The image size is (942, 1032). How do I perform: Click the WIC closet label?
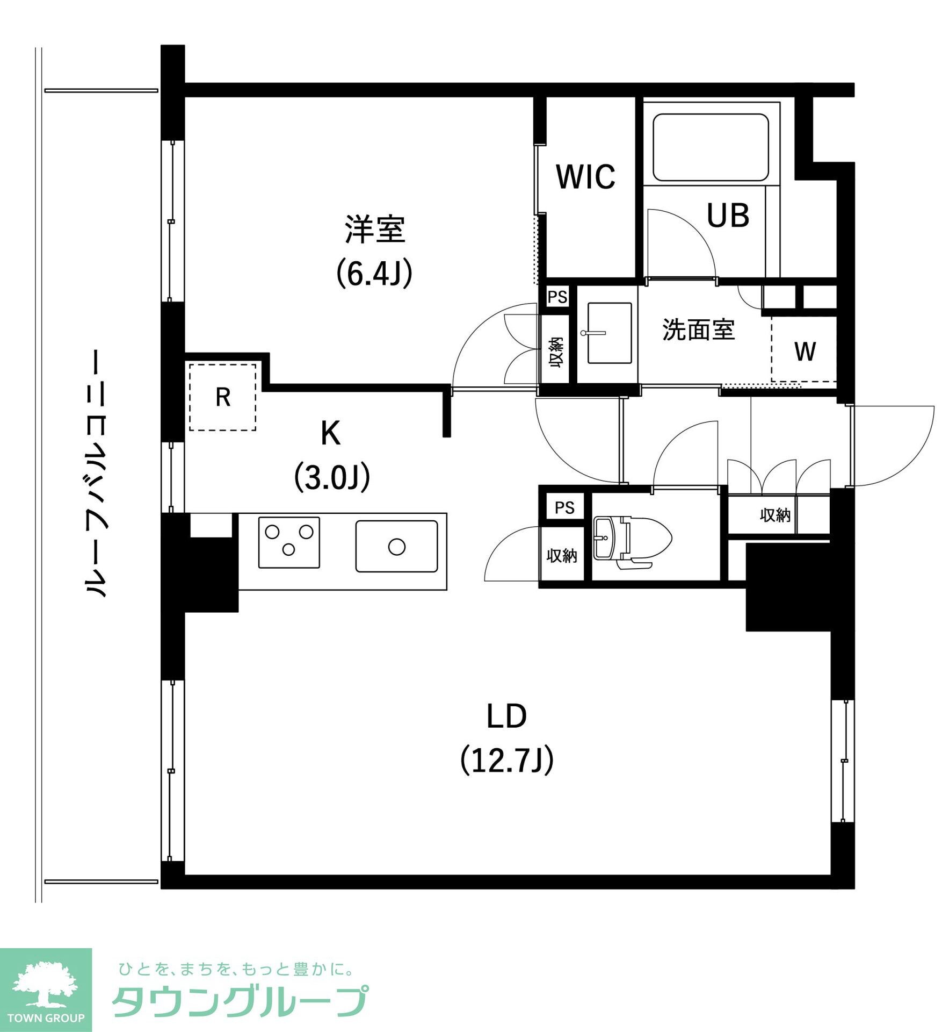click(x=585, y=177)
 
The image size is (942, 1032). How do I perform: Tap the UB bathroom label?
click(x=728, y=216)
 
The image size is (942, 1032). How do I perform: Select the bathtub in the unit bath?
click(x=711, y=147)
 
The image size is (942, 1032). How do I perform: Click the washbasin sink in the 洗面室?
click(x=609, y=333)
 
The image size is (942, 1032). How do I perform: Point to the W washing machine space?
click(x=805, y=352)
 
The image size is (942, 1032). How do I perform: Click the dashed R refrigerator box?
click(x=222, y=397)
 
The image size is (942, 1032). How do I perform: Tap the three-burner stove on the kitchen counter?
click(x=289, y=542)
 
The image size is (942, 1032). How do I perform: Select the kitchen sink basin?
click(x=396, y=546)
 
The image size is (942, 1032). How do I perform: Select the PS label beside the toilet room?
click(x=564, y=507)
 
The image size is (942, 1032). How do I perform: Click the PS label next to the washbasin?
click(x=557, y=297)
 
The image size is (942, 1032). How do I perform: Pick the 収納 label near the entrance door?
click(x=775, y=515)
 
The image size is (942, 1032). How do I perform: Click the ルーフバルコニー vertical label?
click(x=96, y=473)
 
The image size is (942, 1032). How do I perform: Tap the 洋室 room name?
click(x=374, y=230)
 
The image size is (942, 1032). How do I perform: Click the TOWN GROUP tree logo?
click(x=46, y=990)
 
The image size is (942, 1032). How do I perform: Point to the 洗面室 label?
click(x=698, y=329)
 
